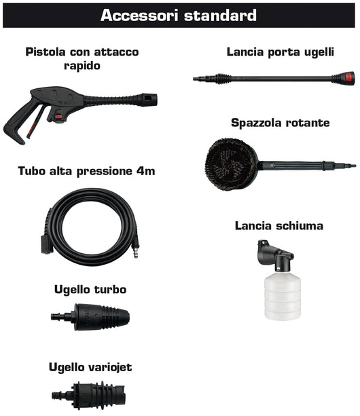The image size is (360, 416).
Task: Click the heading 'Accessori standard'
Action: click(x=179, y=15)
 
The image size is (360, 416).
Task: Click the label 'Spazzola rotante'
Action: click(x=280, y=123)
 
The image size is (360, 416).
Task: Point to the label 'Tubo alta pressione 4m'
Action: click(x=87, y=171)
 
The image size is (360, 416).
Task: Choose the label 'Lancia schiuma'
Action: click(x=278, y=225)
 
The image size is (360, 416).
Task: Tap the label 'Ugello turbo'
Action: click(x=90, y=289)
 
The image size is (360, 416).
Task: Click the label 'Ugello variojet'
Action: click(x=90, y=367)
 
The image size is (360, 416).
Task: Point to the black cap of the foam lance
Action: click(x=272, y=254)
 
